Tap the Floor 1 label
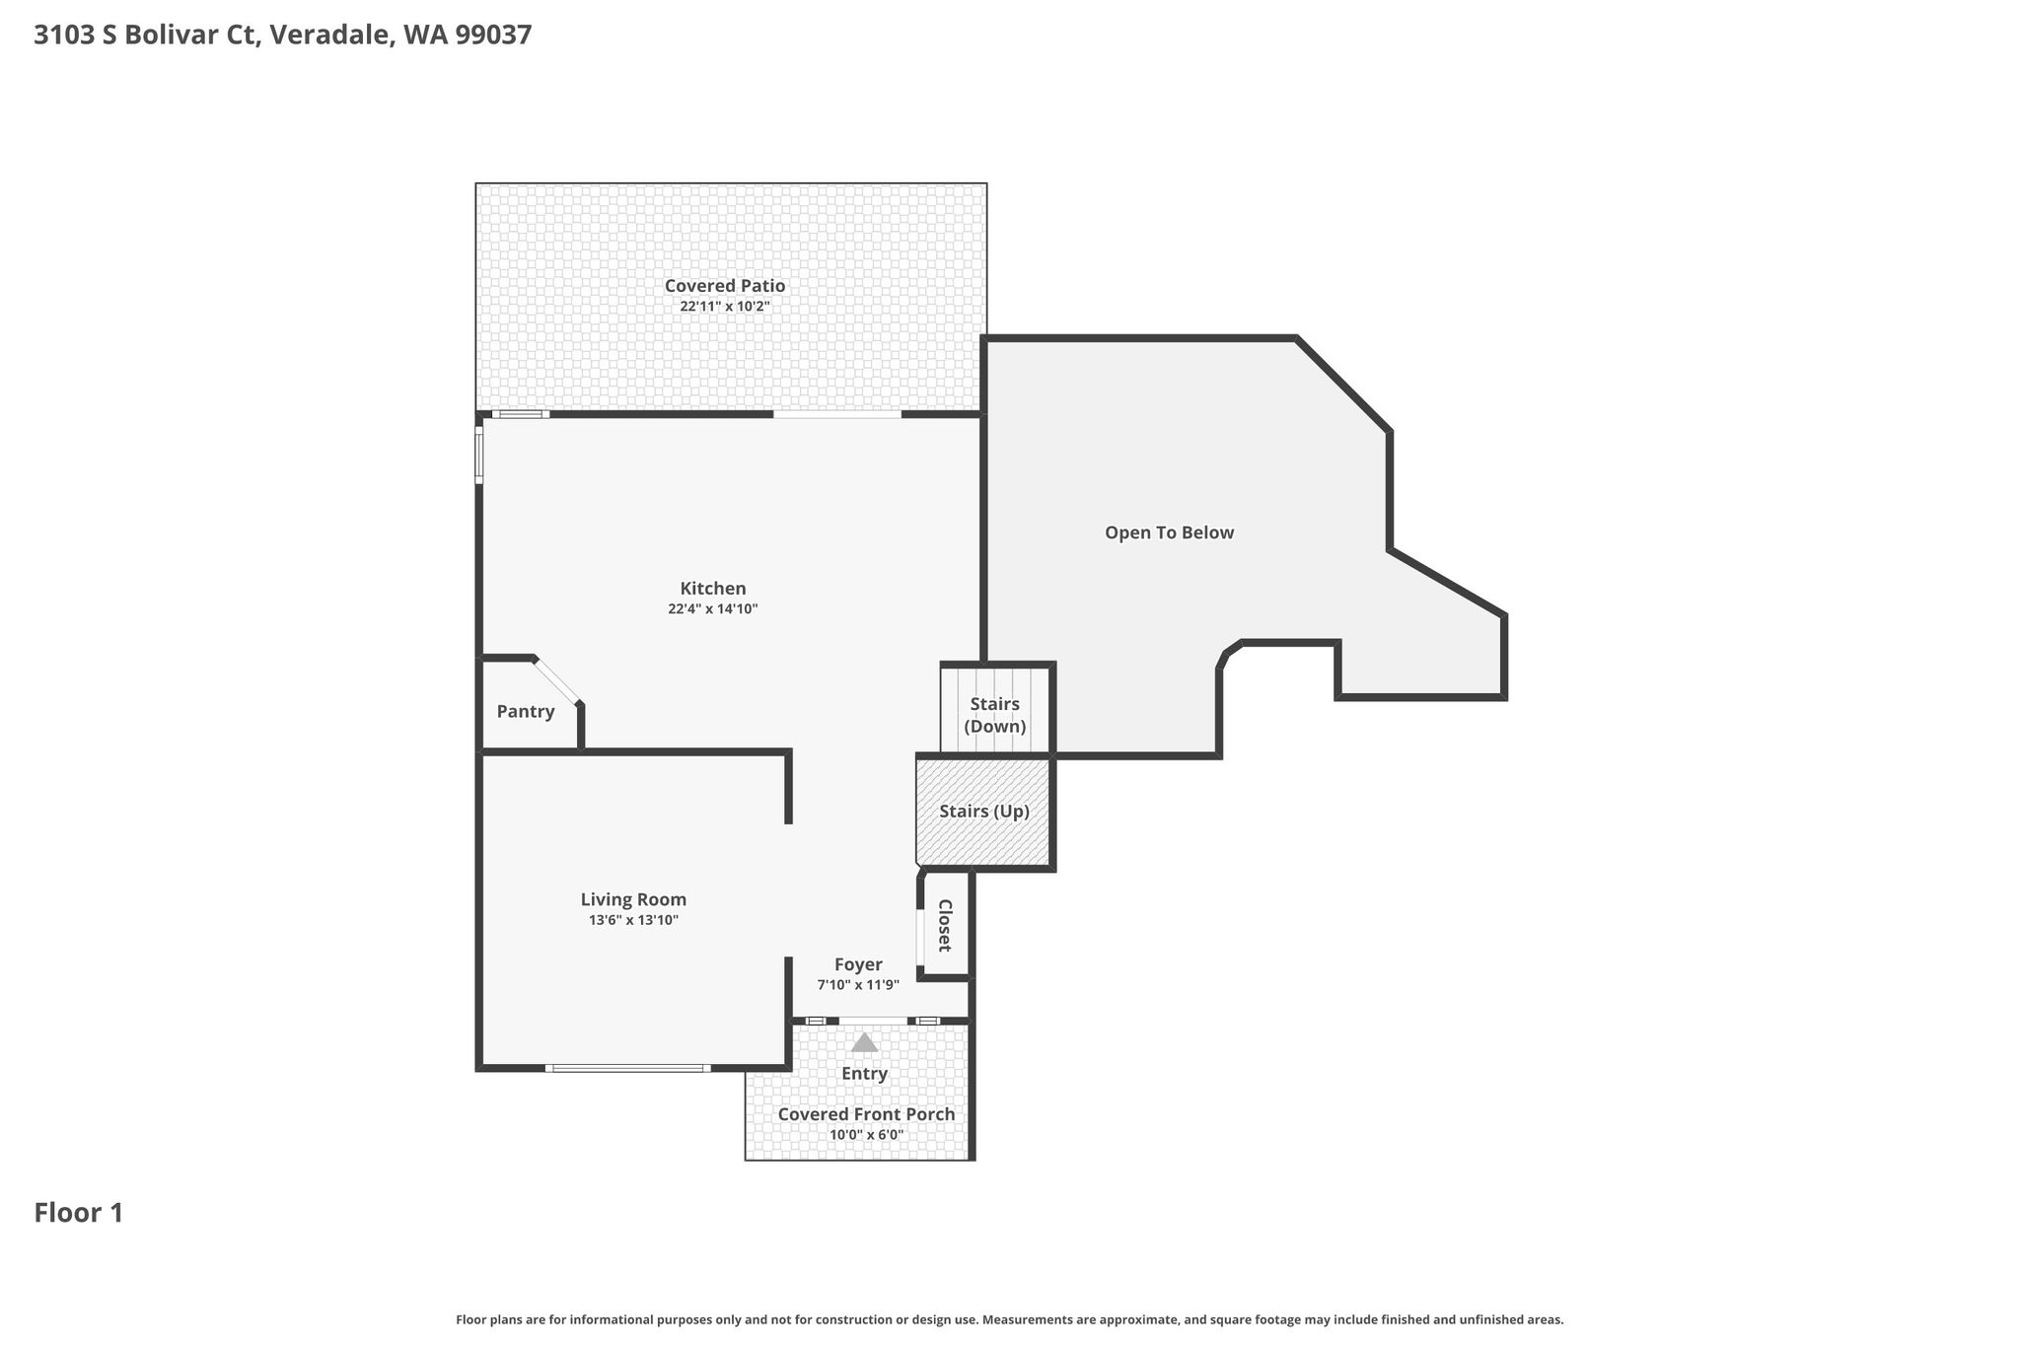click(x=79, y=1213)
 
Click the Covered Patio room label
click(x=725, y=286)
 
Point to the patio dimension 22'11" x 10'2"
click(x=725, y=307)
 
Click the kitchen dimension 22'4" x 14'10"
click(x=713, y=609)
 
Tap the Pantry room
click(x=526, y=711)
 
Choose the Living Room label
click(x=633, y=899)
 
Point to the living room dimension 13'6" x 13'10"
click(x=634, y=920)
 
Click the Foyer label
click(x=858, y=964)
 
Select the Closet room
click(x=945, y=925)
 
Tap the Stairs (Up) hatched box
click(x=984, y=812)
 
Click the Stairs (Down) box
click(x=995, y=709)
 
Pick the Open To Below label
click(x=1170, y=532)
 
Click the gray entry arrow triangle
click(x=865, y=1042)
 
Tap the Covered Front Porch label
click(x=866, y=1114)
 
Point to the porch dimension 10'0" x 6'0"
click(x=867, y=1135)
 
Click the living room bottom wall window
click(x=628, y=1068)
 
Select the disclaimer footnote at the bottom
click(x=1010, y=1319)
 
